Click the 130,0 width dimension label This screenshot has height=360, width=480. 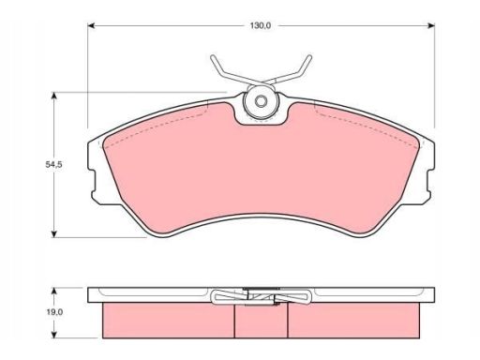pos(260,25)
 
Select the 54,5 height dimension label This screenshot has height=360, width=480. pos(54,165)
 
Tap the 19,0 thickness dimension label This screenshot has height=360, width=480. pos(54,312)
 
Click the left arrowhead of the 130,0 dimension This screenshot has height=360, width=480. pos(91,25)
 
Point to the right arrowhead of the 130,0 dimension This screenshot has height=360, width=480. pos(431,25)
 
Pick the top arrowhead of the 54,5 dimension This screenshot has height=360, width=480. pos(54,96)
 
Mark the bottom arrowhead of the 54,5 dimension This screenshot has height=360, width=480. pos(54,233)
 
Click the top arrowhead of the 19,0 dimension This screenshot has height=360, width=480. pos(54,292)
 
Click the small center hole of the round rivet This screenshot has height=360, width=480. pos(261,101)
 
